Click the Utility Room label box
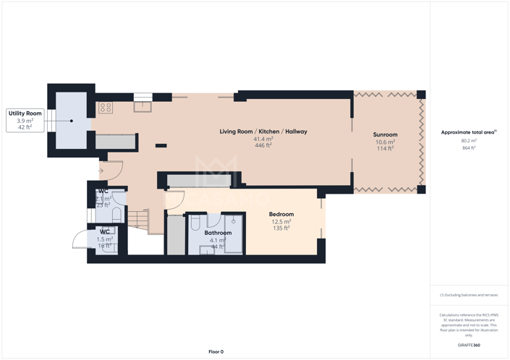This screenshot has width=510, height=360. coord(25,121)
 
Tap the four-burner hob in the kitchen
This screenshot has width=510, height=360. coord(106,108)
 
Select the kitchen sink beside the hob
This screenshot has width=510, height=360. coord(143,106)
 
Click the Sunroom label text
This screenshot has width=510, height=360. coord(385,134)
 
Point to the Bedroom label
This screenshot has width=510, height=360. coord(281,214)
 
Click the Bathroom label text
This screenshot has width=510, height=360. coord(218,233)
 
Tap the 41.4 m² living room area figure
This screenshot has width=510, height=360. coord(263,139)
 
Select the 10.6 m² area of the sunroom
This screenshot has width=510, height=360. coord(385,142)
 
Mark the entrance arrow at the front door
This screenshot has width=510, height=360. coord(101,171)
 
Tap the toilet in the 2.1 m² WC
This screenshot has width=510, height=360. coord(116,215)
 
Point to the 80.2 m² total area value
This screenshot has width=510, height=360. coord(469,141)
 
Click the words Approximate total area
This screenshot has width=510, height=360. coord(467,132)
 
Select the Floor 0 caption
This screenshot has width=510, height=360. coord(216,351)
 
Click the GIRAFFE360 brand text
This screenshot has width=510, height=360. coord(469,346)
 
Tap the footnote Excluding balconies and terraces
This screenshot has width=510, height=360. coord(469,295)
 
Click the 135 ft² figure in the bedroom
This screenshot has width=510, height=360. coord(281,228)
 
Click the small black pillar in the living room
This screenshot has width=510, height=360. coord(161,146)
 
